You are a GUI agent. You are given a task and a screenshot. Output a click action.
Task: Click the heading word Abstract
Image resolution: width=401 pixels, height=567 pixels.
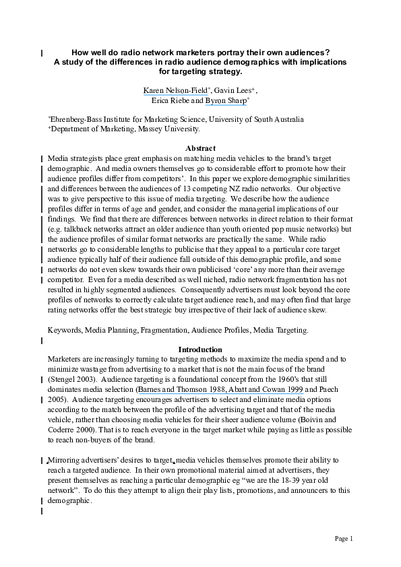tap(200, 148)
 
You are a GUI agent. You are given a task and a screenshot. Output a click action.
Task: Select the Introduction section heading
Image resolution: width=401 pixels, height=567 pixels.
tap(200, 349)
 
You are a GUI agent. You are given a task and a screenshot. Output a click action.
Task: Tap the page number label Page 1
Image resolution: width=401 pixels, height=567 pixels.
tap(344, 539)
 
